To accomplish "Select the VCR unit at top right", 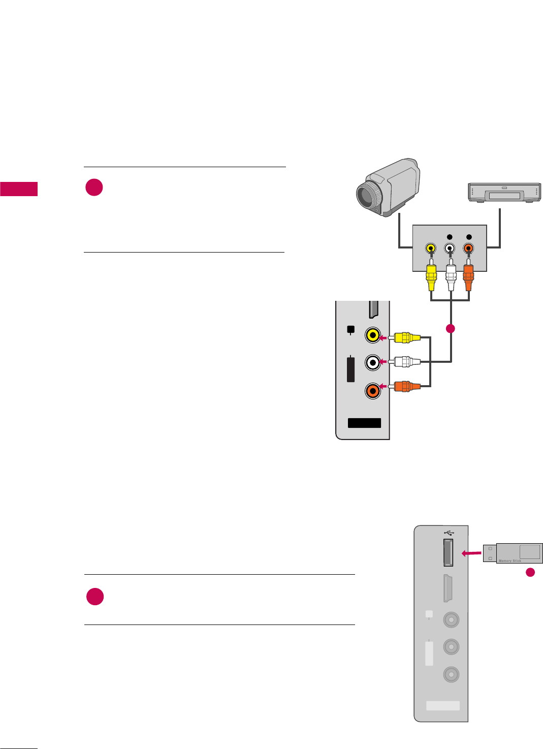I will point(504,192).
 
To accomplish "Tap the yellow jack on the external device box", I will point(431,248).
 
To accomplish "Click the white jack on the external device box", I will point(450,248).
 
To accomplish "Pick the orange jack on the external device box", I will point(468,248).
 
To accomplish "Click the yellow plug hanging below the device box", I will point(431,277).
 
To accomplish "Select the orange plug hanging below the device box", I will point(468,277).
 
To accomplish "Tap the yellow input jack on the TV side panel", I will point(373,335).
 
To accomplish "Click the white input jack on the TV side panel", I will point(373,362).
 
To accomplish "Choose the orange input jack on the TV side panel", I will point(373,390).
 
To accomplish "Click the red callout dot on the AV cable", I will point(450,329).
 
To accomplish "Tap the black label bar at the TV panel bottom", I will point(364,423).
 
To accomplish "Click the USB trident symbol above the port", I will point(449,533).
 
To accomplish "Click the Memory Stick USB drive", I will point(513,553).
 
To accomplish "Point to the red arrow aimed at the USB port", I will point(471,553).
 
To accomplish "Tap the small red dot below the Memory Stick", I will point(530,572).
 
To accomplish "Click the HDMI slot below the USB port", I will point(448,588).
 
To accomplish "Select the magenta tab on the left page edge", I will point(19,189).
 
